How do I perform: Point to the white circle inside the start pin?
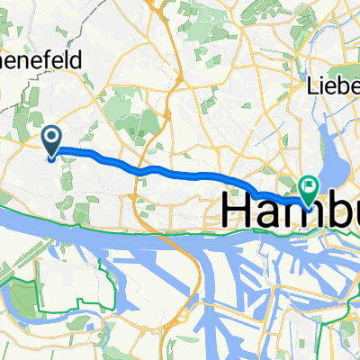pos(52,138)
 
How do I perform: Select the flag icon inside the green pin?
pos(309,186)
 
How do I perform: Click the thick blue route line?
pos(180,172)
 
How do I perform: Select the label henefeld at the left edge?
pos(40,61)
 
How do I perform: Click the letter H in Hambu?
pos(237,211)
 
